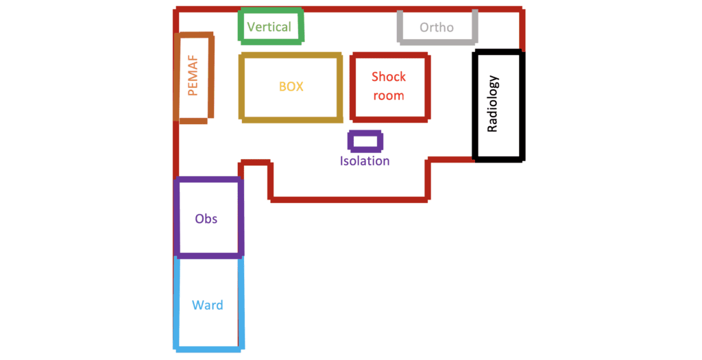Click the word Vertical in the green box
(269, 27)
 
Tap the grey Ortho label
(437, 28)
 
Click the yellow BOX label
(291, 87)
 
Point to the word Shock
(389, 77)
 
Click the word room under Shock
(389, 96)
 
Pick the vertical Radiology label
(493, 104)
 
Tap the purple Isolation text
(365, 161)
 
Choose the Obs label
(206, 219)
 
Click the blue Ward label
(207, 305)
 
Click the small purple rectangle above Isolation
(365, 141)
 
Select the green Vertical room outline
(271, 11)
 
